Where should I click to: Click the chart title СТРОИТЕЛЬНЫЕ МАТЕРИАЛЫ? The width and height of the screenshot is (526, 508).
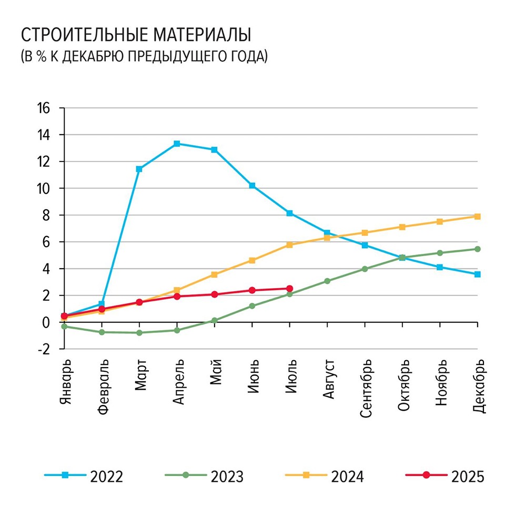(x=135, y=35)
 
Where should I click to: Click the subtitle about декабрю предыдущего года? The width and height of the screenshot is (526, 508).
(x=144, y=56)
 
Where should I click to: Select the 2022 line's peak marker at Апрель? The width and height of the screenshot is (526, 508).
(x=177, y=144)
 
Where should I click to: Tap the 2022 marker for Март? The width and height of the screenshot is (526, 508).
(x=139, y=169)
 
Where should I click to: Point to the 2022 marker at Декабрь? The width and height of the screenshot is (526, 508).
(x=478, y=274)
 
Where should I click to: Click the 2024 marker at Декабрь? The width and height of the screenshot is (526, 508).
(x=478, y=216)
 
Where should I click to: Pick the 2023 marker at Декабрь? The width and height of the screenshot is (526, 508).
(x=478, y=249)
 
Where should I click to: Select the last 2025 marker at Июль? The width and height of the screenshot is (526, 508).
(x=290, y=288)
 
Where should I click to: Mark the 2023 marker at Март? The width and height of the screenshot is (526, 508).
(x=139, y=333)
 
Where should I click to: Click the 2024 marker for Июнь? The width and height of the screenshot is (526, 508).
(x=252, y=260)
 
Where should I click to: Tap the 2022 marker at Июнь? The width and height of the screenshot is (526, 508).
(x=252, y=186)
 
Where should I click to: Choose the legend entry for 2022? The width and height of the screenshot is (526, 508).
(x=84, y=476)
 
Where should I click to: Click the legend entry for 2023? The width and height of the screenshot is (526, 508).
(x=205, y=476)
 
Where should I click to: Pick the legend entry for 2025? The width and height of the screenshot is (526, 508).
(x=445, y=476)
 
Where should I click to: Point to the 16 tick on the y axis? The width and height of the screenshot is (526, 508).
(x=43, y=108)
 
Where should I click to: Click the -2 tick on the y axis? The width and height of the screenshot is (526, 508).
(x=43, y=349)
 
